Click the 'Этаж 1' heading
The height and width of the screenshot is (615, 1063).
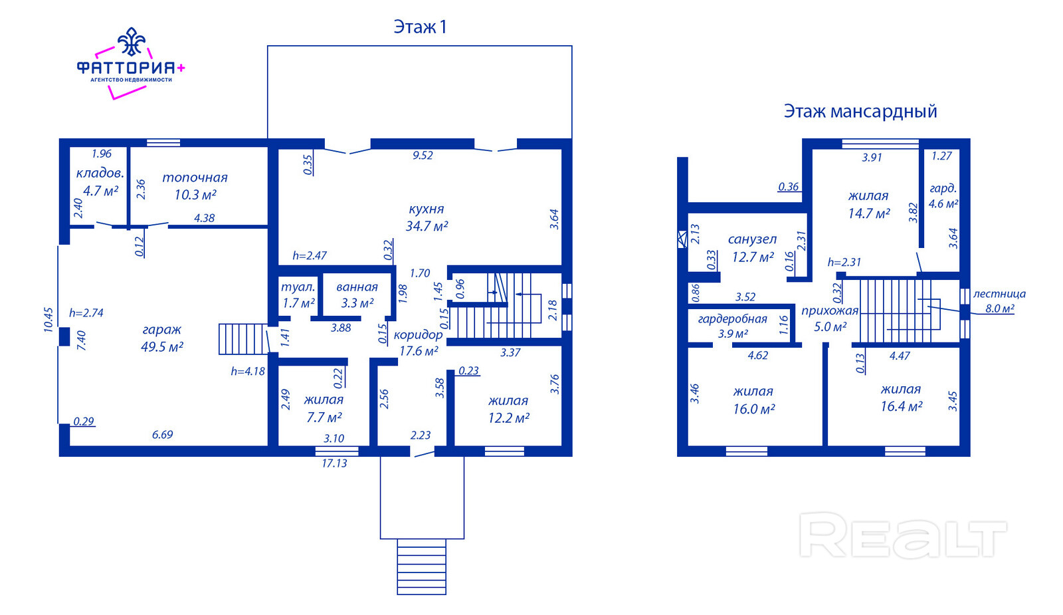point(420,27)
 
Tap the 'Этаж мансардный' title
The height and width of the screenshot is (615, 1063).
point(860,112)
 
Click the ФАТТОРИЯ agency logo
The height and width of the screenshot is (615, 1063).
point(131,63)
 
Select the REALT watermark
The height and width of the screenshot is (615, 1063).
point(903,535)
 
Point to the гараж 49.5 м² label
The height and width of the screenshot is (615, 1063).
point(162,338)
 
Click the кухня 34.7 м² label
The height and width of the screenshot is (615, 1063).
point(427,217)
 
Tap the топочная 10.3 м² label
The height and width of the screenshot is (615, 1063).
point(195,185)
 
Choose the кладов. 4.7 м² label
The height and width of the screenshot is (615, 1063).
point(100,182)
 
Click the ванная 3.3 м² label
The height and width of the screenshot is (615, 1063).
point(357,295)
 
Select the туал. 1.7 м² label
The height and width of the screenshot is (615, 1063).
point(298,295)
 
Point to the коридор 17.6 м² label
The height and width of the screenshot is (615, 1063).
point(418,343)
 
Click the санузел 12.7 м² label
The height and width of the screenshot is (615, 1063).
point(753,248)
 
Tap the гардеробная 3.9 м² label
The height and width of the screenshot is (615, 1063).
point(733,326)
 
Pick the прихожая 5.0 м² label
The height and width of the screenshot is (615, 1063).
point(830,318)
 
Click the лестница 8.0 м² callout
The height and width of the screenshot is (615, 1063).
point(999,301)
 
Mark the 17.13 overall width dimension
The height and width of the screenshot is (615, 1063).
point(335,463)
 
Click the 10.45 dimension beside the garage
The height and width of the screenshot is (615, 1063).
point(48,320)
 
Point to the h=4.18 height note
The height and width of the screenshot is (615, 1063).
point(248,372)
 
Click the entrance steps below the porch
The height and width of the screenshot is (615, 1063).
point(421,566)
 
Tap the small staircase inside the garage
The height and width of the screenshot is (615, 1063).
point(244,339)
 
